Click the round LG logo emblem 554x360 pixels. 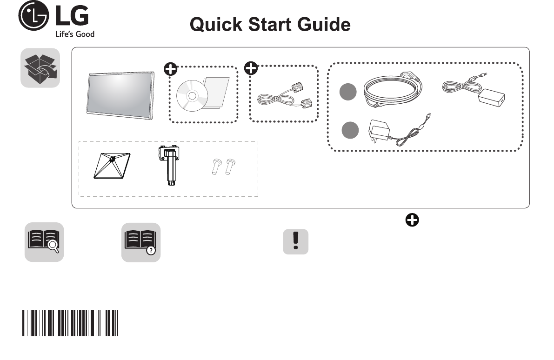click(33, 17)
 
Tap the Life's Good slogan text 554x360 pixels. click(74, 34)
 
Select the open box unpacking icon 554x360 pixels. click(40, 68)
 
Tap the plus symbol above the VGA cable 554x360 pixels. click(251, 68)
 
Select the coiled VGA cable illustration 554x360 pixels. click(284, 96)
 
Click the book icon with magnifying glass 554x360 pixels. click(44, 242)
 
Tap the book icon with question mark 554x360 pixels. click(141, 242)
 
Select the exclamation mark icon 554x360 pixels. click(295, 242)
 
